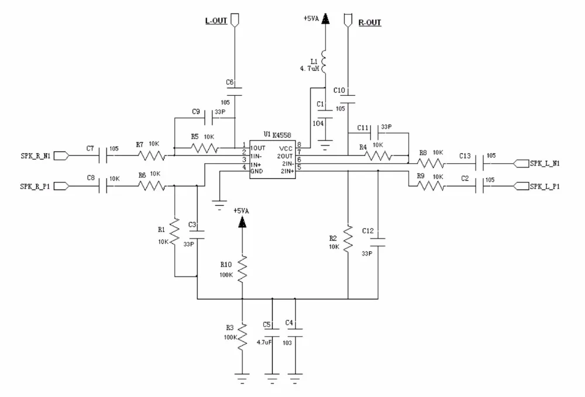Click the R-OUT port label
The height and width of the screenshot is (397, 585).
click(369, 23)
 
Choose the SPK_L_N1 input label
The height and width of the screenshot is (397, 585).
click(545, 163)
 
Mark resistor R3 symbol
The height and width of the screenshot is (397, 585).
click(242, 337)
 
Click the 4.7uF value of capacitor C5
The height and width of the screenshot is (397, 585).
click(264, 342)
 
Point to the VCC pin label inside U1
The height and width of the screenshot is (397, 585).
click(286, 148)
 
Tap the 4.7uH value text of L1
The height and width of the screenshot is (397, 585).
click(308, 69)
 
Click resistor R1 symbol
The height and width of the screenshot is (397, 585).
click(174, 231)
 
